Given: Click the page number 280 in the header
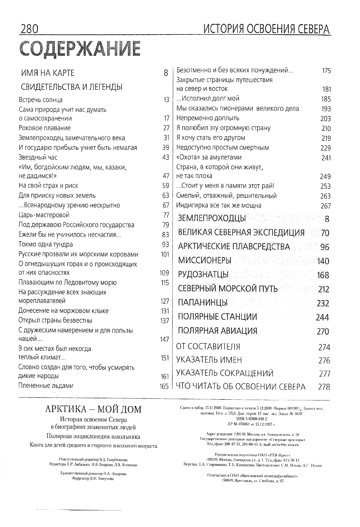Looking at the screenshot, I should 29,29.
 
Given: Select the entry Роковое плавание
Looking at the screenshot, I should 45,128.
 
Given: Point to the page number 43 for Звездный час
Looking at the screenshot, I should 166,157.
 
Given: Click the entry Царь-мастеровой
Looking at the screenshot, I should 44,215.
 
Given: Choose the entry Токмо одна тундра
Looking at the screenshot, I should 46,244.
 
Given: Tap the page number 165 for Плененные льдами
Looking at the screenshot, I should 164,386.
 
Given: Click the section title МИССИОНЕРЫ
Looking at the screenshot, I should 205,261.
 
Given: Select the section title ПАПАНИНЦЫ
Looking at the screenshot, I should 203,303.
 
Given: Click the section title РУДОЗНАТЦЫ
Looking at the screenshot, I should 203,275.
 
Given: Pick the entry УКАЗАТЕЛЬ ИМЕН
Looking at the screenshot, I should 209,360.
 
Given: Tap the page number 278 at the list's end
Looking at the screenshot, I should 324,387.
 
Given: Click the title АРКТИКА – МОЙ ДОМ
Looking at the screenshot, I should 93,409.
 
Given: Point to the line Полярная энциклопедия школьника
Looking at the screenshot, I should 93,437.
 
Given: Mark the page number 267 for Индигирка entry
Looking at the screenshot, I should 326,206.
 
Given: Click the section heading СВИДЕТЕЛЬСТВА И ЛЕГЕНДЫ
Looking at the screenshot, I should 72,87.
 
